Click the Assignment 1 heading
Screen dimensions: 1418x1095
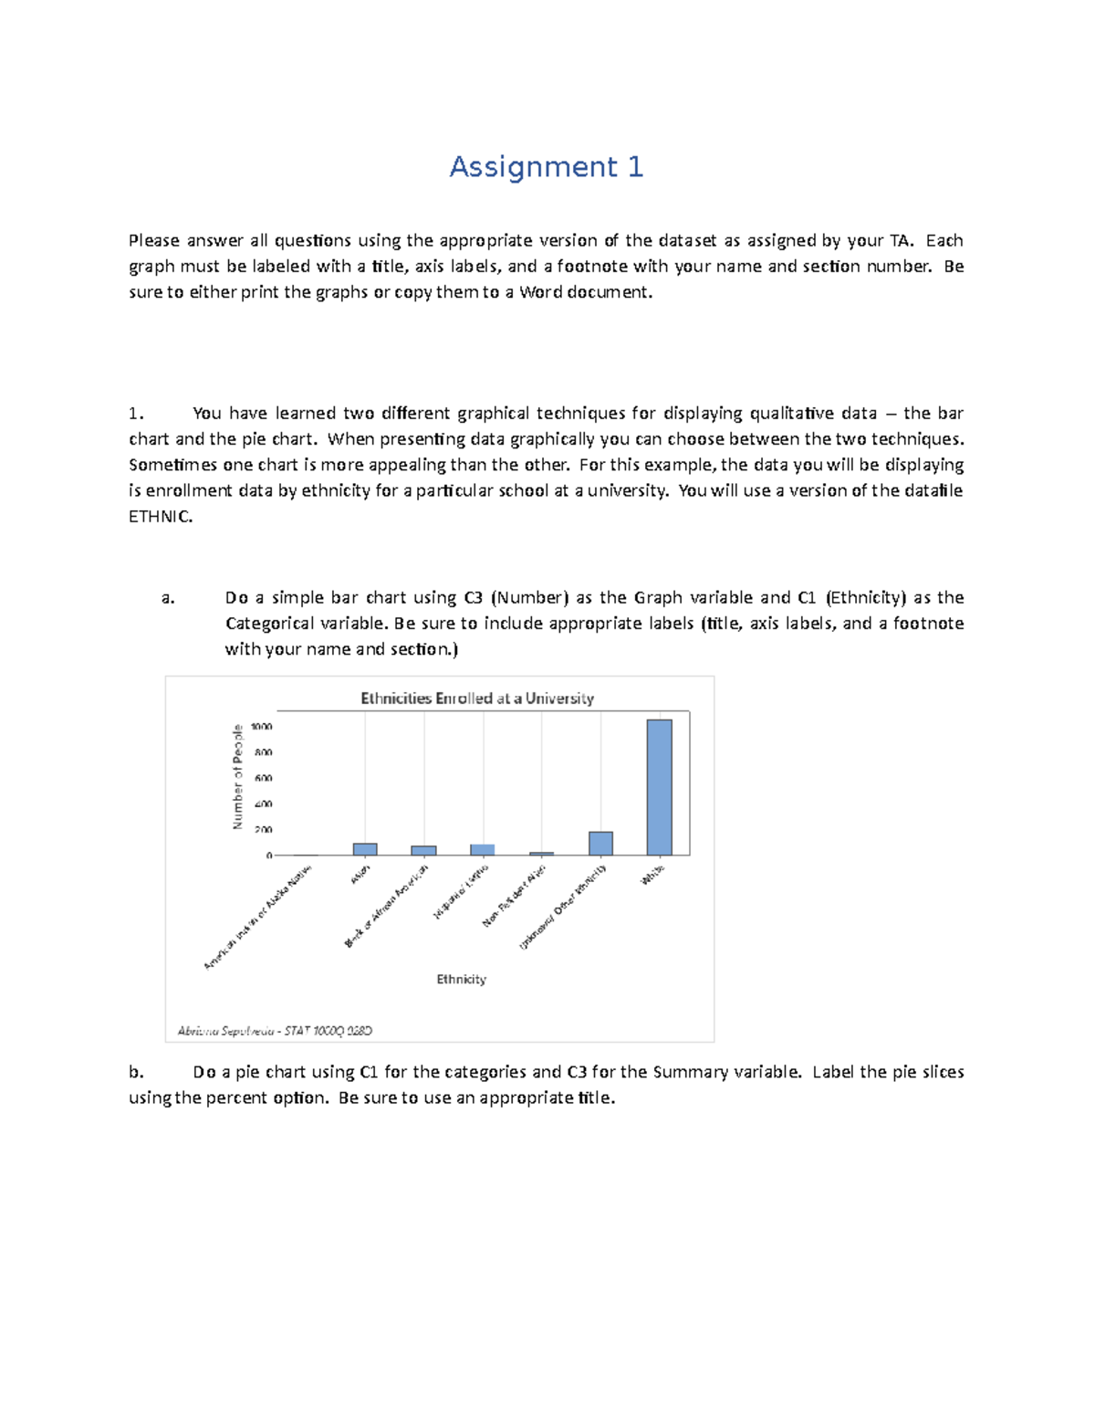(x=546, y=167)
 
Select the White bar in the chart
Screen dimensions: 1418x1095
(x=659, y=787)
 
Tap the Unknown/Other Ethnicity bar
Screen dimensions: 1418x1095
(x=600, y=843)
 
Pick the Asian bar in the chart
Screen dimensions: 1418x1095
(x=365, y=849)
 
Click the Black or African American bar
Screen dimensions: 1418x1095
(x=423, y=850)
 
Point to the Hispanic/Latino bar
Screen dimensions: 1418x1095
(x=483, y=849)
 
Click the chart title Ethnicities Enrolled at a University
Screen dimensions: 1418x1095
(x=477, y=698)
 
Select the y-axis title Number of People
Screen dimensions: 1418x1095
(x=238, y=777)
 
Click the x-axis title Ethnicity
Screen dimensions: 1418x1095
(x=461, y=979)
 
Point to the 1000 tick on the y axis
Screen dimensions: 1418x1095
(x=261, y=727)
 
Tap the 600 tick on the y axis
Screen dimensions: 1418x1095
(x=263, y=778)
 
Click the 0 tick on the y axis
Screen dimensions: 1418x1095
(x=269, y=856)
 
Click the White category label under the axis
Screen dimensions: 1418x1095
(x=652, y=874)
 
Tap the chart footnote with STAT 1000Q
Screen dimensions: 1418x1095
(x=275, y=1031)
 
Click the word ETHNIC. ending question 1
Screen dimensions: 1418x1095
(x=161, y=517)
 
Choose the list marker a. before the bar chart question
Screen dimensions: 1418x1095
(x=168, y=598)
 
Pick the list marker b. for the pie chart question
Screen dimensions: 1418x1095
(x=137, y=1072)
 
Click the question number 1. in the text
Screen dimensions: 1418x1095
(x=137, y=414)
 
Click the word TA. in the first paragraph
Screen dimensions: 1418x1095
(x=900, y=241)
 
